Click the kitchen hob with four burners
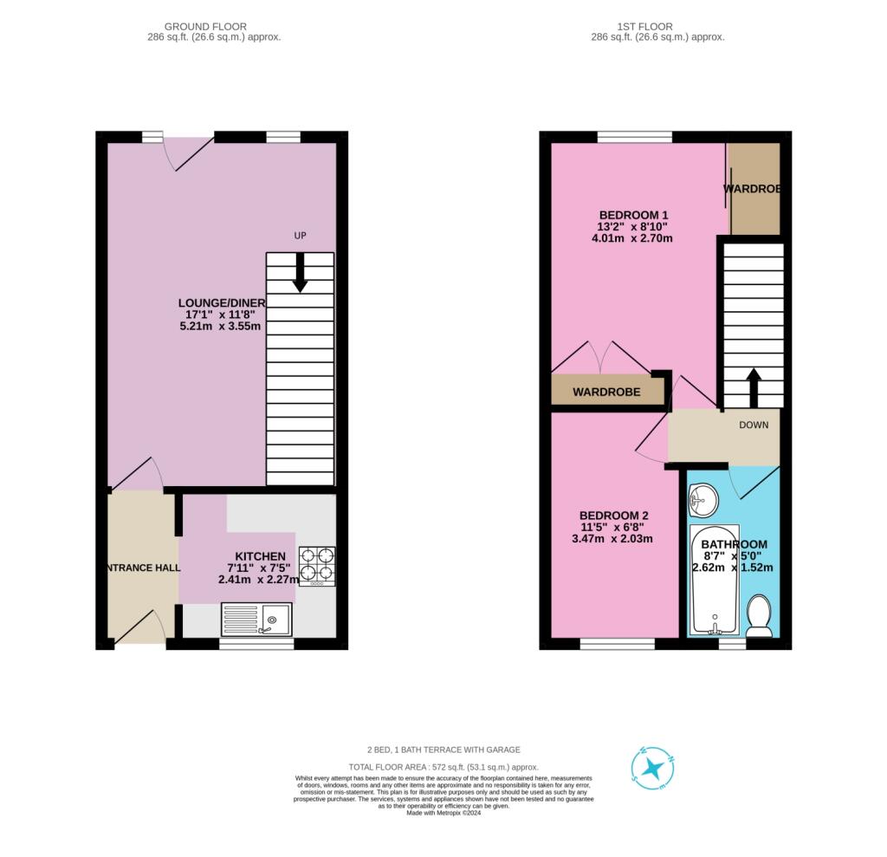coord(317,566)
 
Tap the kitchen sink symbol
coord(258,619)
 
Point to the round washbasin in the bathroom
coord(702,499)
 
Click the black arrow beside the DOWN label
coord(753,387)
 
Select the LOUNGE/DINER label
coord(222,302)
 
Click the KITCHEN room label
coord(260,556)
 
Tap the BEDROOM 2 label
coord(614,515)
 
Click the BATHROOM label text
coord(734,544)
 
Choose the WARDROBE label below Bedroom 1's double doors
coord(606,393)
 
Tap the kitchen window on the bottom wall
coord(256,644)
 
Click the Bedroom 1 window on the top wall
coord(635,136)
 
